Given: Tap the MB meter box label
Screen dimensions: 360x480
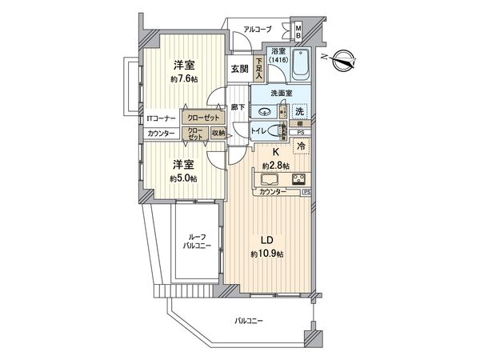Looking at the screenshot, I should click(298, 34).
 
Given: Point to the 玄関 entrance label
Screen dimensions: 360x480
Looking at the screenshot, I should click(239, 69).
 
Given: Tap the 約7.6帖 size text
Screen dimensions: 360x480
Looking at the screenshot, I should click(183, 80).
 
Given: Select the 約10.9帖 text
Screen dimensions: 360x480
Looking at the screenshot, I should click(268, 255).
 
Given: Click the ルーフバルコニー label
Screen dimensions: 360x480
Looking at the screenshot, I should click(194, 242).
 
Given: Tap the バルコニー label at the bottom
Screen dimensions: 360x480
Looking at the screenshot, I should click(249, 321).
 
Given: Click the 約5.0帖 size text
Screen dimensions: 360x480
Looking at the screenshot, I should click(183, 178).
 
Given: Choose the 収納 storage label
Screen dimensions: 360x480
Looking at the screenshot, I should click(218, 134).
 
